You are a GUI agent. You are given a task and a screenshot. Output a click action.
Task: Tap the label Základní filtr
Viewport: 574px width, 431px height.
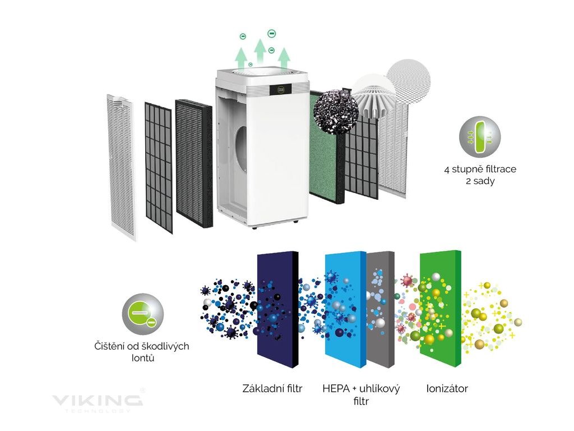(x=272, y=388)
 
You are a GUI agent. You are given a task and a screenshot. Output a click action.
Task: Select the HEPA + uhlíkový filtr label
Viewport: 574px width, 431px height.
(x=361, y=395)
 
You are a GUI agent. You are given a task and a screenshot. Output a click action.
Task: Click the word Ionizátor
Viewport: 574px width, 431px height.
(x=447, y=388)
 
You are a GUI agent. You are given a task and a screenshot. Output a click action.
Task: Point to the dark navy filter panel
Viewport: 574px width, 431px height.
(x=276, y=309)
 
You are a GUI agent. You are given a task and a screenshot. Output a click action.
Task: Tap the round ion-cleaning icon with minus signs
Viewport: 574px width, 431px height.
(x=143, y=313)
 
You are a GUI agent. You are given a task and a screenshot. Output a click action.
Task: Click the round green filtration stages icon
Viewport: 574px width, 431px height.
(x=480, y=137)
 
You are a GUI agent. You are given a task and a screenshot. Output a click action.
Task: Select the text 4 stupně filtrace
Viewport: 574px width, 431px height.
(x=480, y=169)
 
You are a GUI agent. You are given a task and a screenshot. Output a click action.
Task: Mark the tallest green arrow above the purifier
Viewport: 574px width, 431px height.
(x=260, y=51)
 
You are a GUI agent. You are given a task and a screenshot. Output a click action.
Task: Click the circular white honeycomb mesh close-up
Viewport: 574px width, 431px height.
(x=409, y=80)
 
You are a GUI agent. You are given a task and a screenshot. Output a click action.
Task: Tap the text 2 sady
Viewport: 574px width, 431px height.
(x=480, y=182)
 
